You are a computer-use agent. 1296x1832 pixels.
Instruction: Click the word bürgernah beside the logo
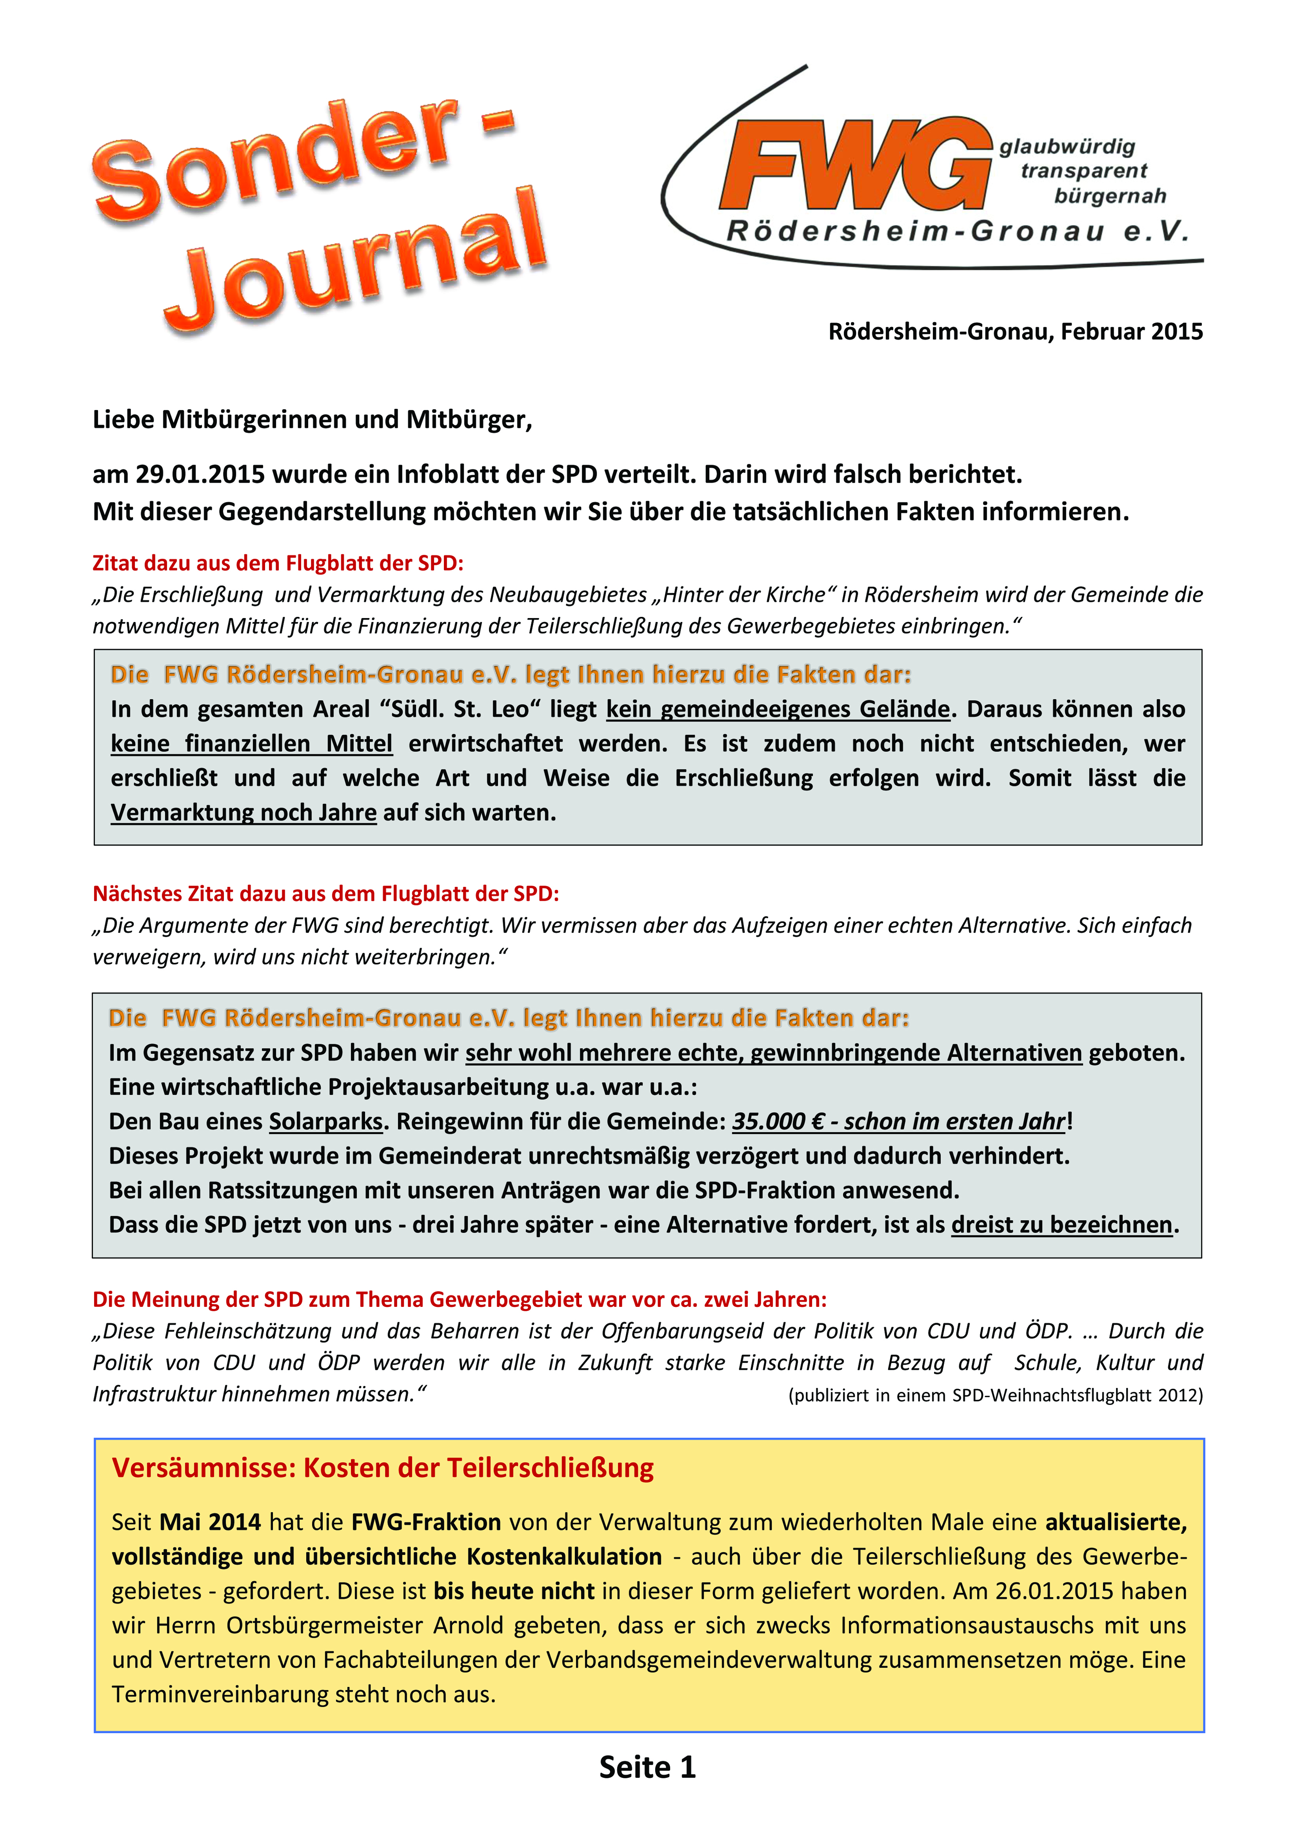pyautogui.click(x=1109, y=196)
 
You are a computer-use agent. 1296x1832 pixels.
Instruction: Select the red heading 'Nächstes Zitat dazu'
pyautogui.click(x=326, y=894)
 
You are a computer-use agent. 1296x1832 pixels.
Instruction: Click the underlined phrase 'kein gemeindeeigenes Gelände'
pyautogui.click(x=777, y=709)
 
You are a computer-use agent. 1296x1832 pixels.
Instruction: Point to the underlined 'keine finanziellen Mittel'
pyautogui.click(x=251, y=744)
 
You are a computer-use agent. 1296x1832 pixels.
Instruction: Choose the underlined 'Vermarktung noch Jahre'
pyautogui.click(x=243, y=812)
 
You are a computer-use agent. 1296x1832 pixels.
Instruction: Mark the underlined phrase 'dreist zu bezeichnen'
pyautogui.click(x=1061, y=1225)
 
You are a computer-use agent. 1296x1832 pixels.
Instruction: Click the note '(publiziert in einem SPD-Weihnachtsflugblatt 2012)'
pyautogui.click(x=995, y=1395)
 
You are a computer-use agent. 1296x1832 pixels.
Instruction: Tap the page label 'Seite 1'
pyautogui.click(x=647, y=1768)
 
